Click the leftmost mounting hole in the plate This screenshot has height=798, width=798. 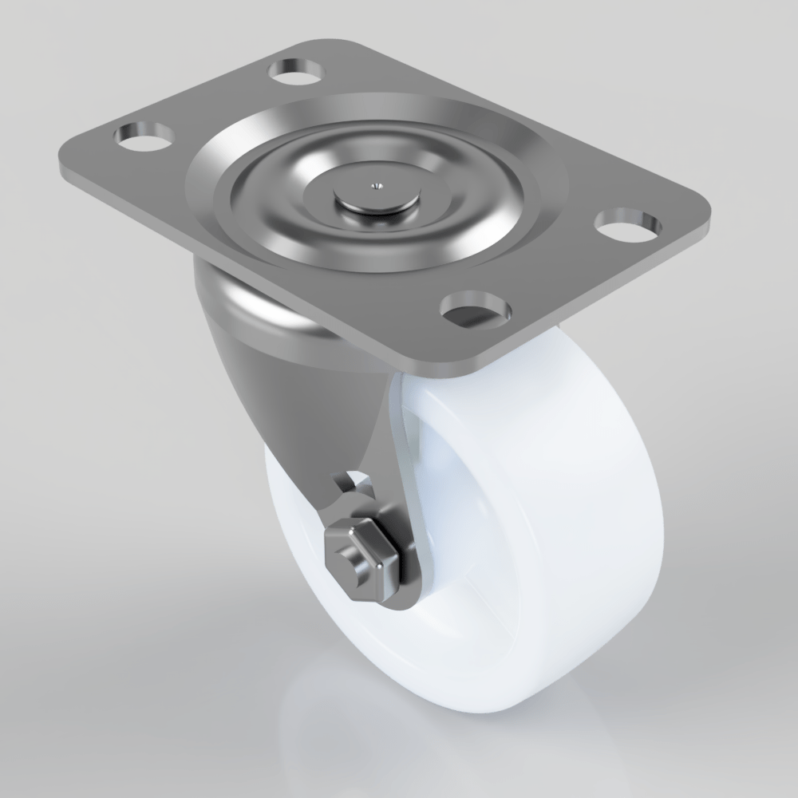coord(144,136)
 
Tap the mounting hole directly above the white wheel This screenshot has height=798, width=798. coord(476,309)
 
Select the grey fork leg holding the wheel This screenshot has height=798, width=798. coord(335,415)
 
